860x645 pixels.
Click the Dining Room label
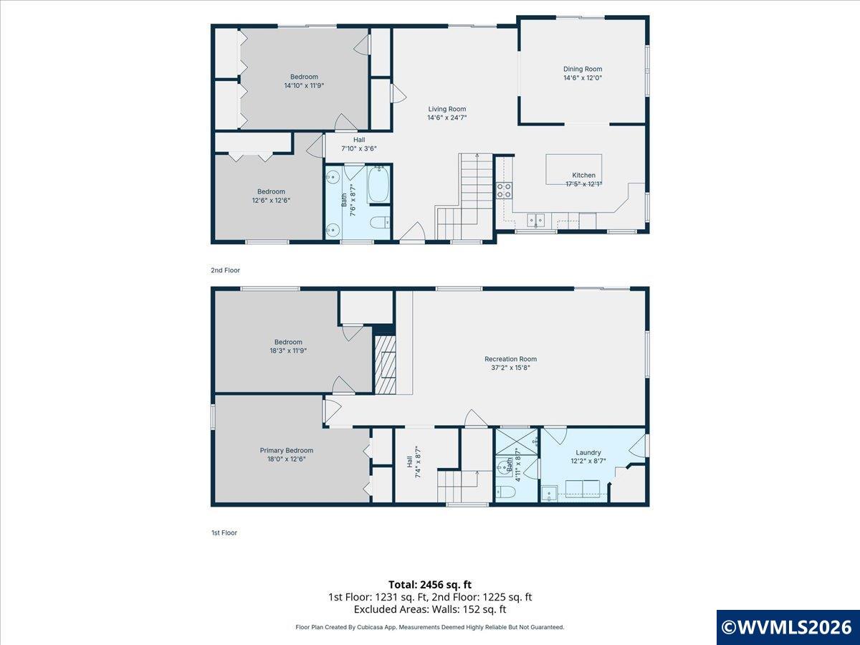(x=583, y=69)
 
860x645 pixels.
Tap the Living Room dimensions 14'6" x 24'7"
(x=447, y=118)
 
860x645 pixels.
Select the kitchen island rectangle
(x=574, y=169)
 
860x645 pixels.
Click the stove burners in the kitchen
(x=504, y=191)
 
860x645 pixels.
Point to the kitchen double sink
(x=535, y=220)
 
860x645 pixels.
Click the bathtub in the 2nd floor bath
(x=378, y=184)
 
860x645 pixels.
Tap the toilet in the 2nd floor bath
(x=380, y=222)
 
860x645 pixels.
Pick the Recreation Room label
(x=510, y=359)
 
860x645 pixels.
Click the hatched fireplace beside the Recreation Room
(x=386, y=365)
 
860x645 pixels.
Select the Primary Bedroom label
(x=287, y=450)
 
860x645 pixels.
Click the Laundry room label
(x=588, y=452)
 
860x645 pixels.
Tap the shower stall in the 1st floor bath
(x=517, y=441)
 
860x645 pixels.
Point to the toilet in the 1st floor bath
(x=505, y=491)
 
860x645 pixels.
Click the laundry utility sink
(x=549, y=494)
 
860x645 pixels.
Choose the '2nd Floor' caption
(x=225, y=270)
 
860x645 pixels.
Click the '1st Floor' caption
(x=224, y=532)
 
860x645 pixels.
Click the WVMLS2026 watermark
(x=788, y=627)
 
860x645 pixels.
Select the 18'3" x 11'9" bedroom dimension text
(x=288, y=350)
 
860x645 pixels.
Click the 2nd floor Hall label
(x=359, y=140)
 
